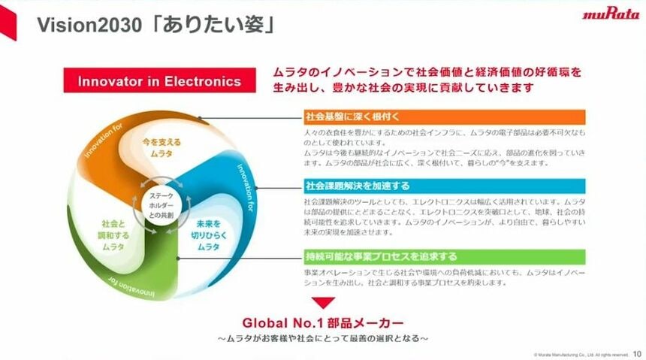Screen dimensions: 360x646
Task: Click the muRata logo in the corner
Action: [609, 14]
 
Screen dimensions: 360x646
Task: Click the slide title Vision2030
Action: [81, 26]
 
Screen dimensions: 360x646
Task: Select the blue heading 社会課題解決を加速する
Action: [356, 186]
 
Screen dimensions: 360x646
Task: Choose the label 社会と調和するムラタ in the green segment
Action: [113, 234]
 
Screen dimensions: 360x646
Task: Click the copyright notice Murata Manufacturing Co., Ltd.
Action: [581, 354]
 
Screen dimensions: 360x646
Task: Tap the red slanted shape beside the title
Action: [9, 23]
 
